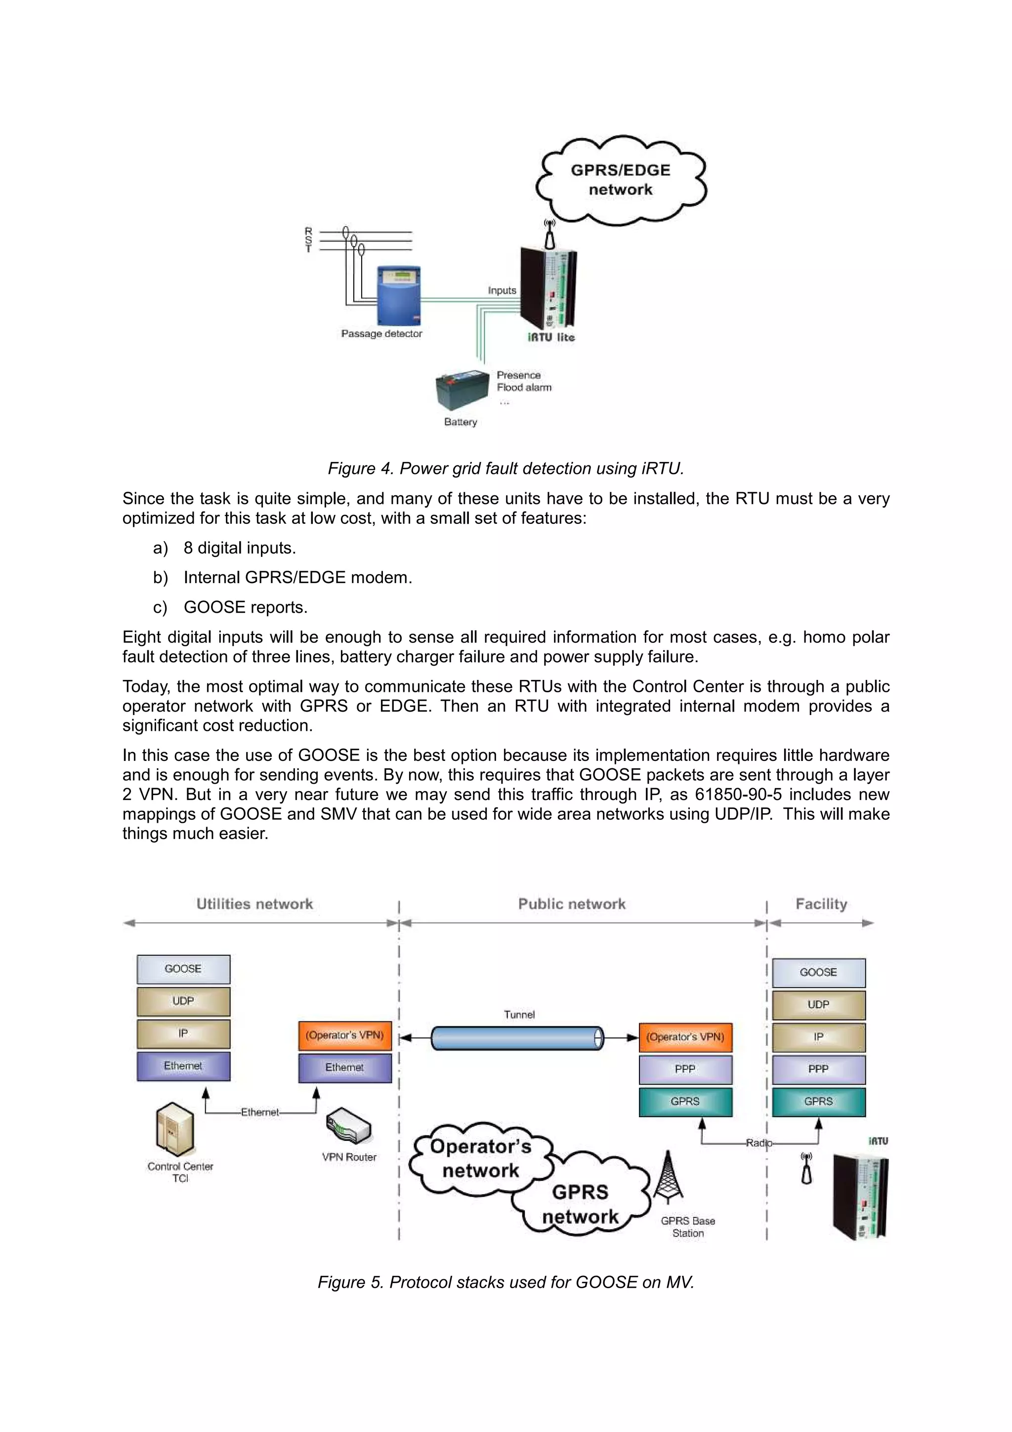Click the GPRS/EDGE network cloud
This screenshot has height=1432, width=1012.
pos(621,180)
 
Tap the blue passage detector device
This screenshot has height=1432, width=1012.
pos(399,295)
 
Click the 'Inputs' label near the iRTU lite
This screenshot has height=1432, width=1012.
pos(502,291)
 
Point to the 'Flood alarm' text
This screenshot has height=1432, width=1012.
pos(524,387)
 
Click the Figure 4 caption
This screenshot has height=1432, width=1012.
pos(506,468)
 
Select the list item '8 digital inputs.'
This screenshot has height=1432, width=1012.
pos(240,548)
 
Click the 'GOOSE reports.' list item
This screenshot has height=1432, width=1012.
pos(245,607)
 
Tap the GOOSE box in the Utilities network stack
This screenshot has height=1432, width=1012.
pos(183,969)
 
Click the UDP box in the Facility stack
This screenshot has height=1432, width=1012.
pos(818,1005)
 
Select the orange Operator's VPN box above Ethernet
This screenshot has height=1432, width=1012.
pos(345,1035)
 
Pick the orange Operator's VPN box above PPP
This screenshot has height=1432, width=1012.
pos(685,1037)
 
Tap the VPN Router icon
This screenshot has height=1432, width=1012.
pos(348,1126)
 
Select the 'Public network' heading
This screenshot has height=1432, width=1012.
pos(571,904)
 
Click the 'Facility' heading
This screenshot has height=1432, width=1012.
pos(821,904)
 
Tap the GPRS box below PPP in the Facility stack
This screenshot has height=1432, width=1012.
pos(818,1102)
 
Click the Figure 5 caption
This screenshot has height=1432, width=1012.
pos(506,1282)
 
